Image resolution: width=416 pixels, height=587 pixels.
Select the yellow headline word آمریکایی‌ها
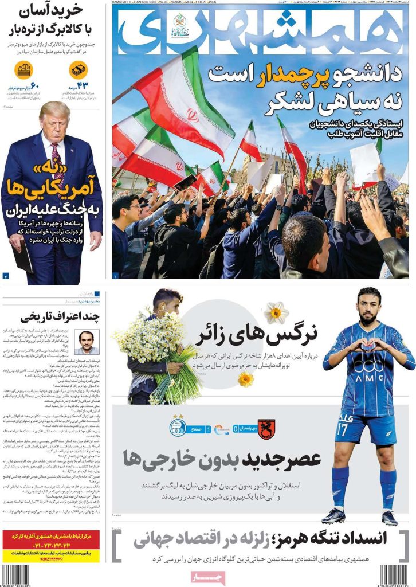click(55, 187)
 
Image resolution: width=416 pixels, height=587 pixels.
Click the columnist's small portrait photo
click(87, 342)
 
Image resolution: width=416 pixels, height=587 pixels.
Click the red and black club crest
click(266, 429)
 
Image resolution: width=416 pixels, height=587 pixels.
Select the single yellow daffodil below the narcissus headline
click(245, 378)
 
